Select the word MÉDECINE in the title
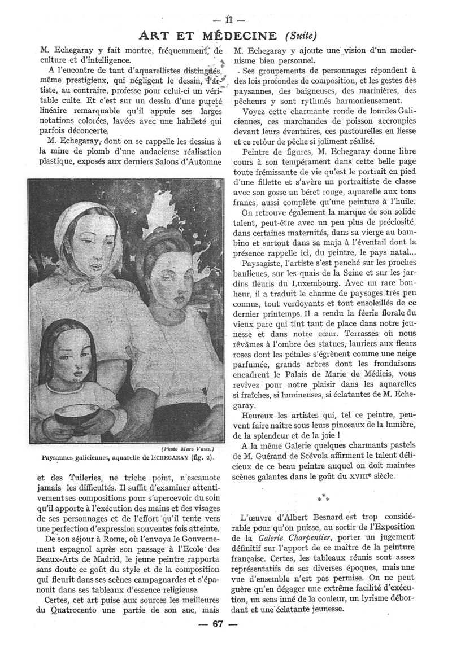[x=239, y=36]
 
